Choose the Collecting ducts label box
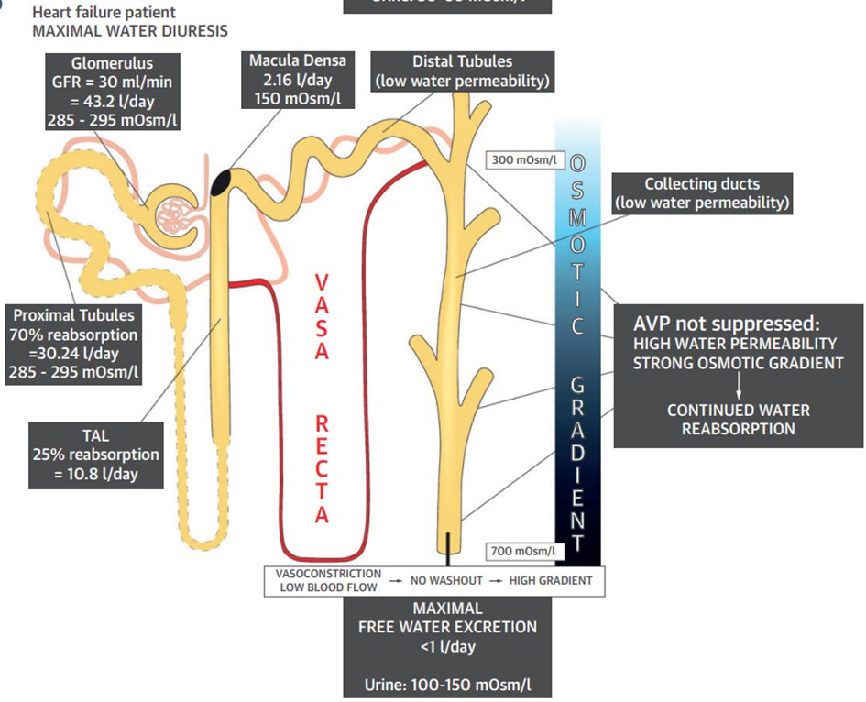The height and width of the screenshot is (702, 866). pos(702,193)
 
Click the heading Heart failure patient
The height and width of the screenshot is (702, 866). pos(104,13)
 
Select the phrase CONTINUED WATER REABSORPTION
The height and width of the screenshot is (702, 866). pos(738,419)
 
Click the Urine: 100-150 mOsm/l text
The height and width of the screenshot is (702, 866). pos(447,684)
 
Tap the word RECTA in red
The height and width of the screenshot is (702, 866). pos(322,465)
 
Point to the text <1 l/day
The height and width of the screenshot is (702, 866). pos(448,647)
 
